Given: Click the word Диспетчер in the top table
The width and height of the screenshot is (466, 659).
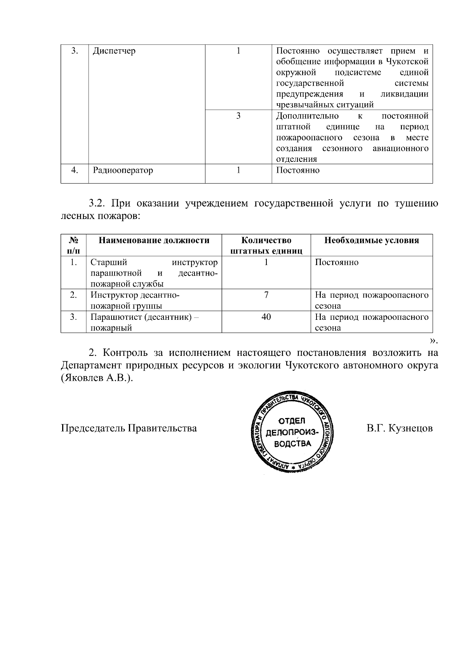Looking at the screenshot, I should pos(114,51).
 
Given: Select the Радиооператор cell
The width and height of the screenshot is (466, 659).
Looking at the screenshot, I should pos(123,170).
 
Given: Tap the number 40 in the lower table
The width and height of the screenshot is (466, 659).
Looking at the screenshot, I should pos(266,317).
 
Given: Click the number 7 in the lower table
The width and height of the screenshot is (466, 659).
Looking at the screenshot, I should pos(266,295).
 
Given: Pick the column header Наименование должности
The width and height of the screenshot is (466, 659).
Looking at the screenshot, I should pos(154,240).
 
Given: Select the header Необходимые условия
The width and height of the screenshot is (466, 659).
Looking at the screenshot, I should pos(372,240).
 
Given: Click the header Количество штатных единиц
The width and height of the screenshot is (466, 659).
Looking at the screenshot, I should pos(266,245).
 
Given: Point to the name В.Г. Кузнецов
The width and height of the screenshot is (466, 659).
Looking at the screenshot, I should pos(399,428).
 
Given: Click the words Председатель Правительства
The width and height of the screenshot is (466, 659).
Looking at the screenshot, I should pos(129,428).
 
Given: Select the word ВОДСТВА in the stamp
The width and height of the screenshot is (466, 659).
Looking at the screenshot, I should pos(292,443).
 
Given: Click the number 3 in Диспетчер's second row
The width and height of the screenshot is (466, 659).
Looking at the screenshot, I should pos(238,116).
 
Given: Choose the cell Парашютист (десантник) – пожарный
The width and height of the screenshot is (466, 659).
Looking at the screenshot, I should pos(144,322).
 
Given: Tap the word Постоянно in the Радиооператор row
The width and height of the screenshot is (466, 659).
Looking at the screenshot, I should pos(297,170).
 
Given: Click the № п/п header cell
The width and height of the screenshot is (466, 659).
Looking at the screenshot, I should pos(73,245).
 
